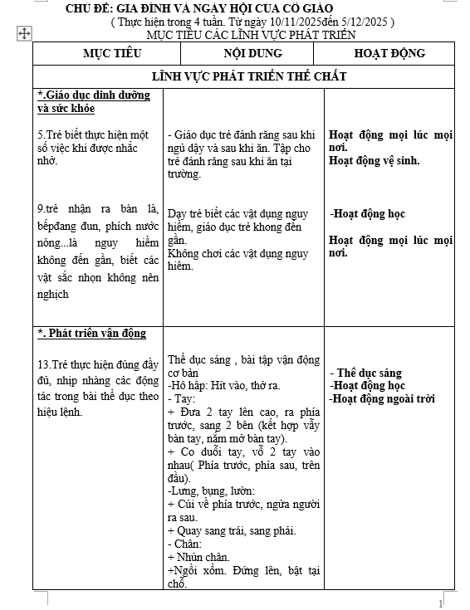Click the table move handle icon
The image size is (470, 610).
tap(24, 33)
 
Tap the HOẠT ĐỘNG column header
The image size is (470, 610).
tap(389, 53)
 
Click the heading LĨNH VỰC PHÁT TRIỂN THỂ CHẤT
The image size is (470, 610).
tap(249, 76)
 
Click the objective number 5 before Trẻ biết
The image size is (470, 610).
tap(41, 134)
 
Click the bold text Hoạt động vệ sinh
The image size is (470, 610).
tap(374, 161)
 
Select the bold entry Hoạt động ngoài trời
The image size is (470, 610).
tap(383, 399)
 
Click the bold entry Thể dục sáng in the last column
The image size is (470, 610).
tap(370, 373)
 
